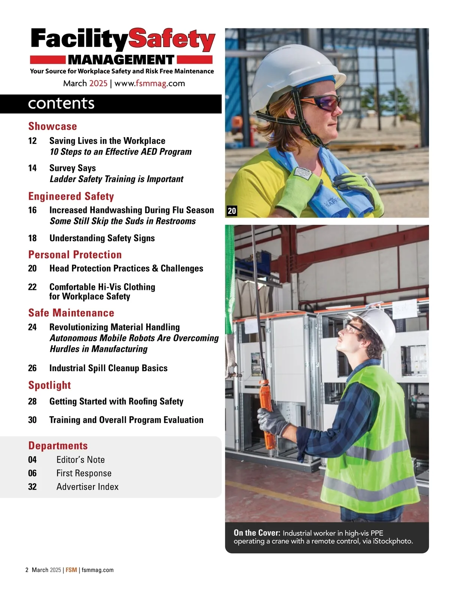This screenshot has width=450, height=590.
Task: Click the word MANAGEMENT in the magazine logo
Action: (121, 60)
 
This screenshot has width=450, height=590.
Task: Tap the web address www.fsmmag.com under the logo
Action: (150, 83)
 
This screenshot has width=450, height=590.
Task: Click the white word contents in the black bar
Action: (61, 103)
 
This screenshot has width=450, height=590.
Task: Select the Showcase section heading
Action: (52, 126)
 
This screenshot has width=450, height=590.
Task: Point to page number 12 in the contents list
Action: (33, 141)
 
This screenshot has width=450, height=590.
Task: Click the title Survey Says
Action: (73, 168)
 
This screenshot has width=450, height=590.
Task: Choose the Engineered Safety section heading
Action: (71, 196)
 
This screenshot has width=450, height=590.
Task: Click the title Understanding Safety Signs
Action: (102, 238)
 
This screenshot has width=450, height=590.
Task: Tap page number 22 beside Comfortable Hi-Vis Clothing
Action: (33, 287)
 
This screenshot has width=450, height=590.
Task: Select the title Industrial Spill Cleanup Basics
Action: (108, 368)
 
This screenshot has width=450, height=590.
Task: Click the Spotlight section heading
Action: (49, 385)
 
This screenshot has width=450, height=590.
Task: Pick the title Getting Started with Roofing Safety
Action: (116, 402)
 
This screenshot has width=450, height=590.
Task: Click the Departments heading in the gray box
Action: (58, 445)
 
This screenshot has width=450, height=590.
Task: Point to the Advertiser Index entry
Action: (87, 487)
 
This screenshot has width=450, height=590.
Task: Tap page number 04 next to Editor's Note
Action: (33, 460)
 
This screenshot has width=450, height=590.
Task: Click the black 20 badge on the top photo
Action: (232, 211)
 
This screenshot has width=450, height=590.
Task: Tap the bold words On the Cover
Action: (257, 533)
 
